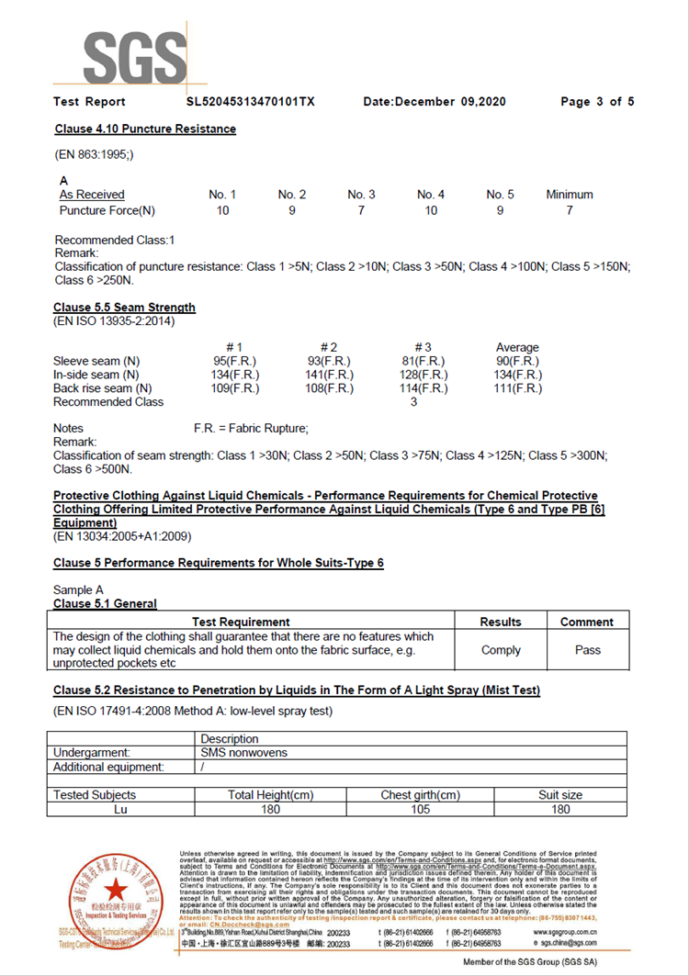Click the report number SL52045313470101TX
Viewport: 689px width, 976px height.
[x=250, y=101]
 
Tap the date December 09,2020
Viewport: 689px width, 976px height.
[x=435, y=101]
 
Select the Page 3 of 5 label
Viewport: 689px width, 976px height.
[x=597, y=101]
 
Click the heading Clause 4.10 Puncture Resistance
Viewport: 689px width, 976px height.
[x=145, y=129]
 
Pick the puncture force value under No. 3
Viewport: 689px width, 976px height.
[x=361, y=211]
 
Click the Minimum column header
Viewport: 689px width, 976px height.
[x=570, y=195]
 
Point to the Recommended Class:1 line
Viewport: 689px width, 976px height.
[x=115, y=241]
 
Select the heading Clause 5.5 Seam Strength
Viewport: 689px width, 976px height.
[x=124, y=308]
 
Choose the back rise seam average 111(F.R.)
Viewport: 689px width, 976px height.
[x=518, y=388]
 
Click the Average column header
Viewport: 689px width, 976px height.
[x=517, y=348]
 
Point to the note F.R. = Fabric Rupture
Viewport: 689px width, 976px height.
[x=251, y=429]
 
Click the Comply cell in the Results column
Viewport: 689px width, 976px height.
[x=501, y=650]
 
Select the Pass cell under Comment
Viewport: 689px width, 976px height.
[x=587, y=650]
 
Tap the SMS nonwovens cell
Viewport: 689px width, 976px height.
[x=244, y=753]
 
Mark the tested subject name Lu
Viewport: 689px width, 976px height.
[x=120, y=809]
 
